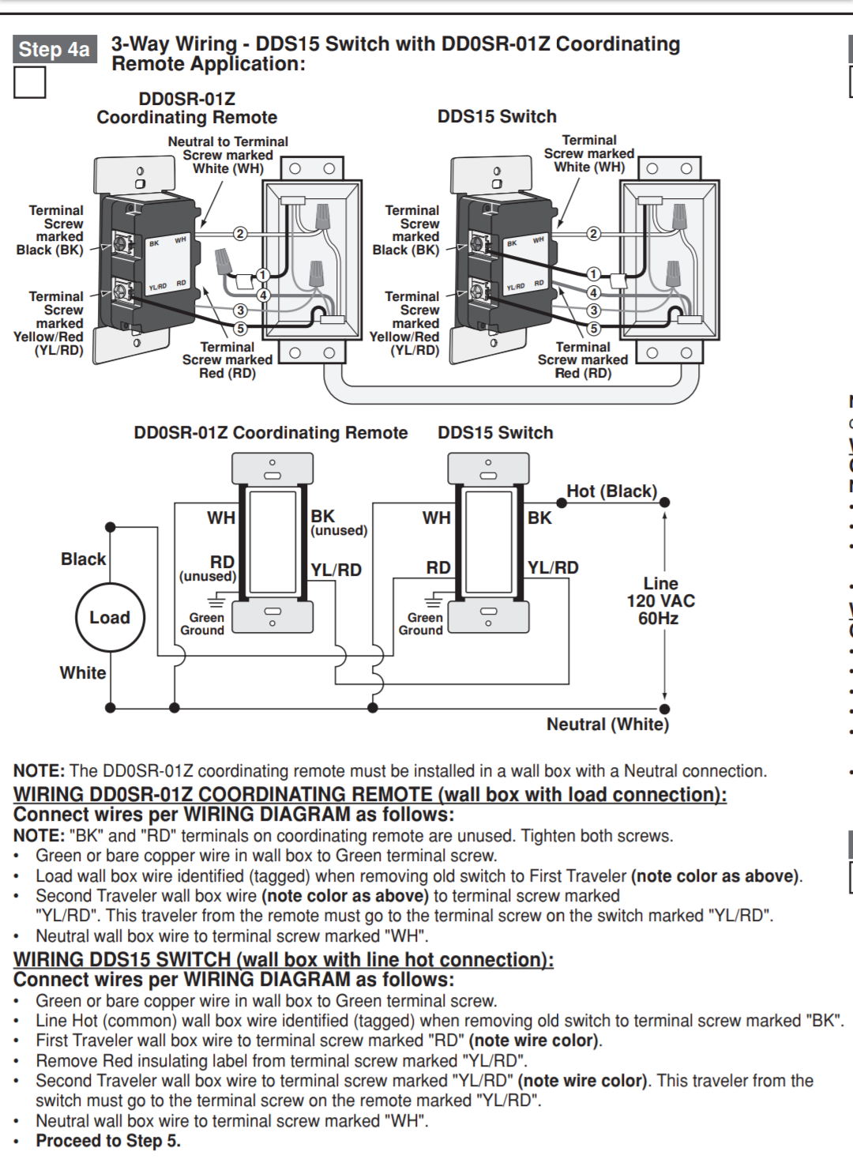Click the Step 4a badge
tap(54, 49)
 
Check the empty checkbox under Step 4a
tap(30, 82)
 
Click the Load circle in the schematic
tap(110, 618)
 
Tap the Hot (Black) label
tap(611, 491)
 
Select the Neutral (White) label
tap(607, 724)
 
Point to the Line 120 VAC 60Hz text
tap(660, 600)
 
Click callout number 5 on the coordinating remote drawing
tap(241, 329)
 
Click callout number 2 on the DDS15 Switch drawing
tap(593, 233)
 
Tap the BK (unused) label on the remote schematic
tap(338, 522)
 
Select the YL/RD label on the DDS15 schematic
tap(553, 567)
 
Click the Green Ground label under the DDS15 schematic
tap(421, 624)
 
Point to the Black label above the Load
tap(83, 559)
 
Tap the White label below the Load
tap(83, 673)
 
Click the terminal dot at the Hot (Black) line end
tap(665, 502)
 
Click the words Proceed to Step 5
tap(108, 1141)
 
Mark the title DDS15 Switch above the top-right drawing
tap(497, 117)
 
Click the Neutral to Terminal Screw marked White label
tap(227, 155)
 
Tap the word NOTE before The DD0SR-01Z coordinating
tap(39, 771)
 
